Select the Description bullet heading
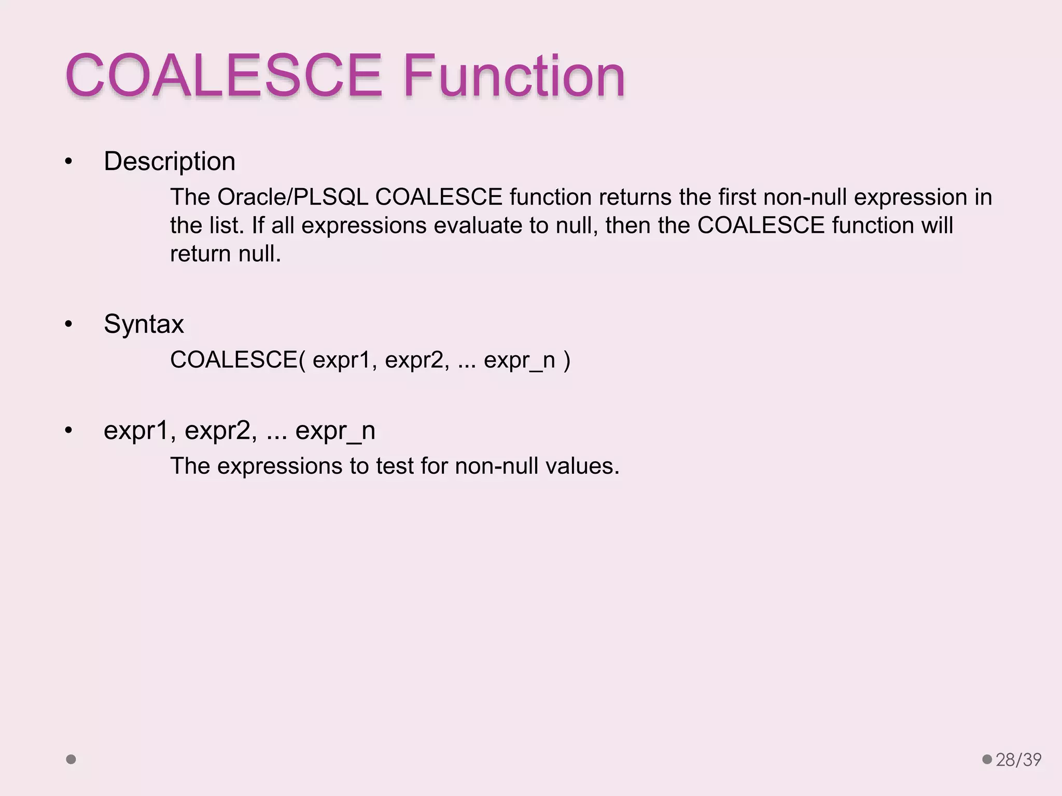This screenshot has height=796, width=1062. tap(170, 161)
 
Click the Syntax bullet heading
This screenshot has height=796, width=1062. tap(144, 324)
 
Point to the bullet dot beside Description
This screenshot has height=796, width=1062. tap(68, 162)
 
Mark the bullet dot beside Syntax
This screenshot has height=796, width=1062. tap(68, 325)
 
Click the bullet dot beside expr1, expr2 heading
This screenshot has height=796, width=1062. tap(68, 431)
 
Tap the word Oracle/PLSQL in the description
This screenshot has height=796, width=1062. tap(292, 197)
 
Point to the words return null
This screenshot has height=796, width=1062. tap(225, 254)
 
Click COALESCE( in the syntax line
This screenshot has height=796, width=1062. tap(238, 360)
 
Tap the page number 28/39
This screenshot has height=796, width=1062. tap(1018, 760)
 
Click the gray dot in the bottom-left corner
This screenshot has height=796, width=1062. tap(71, 760)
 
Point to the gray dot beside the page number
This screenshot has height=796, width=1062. tap(987, 760)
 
